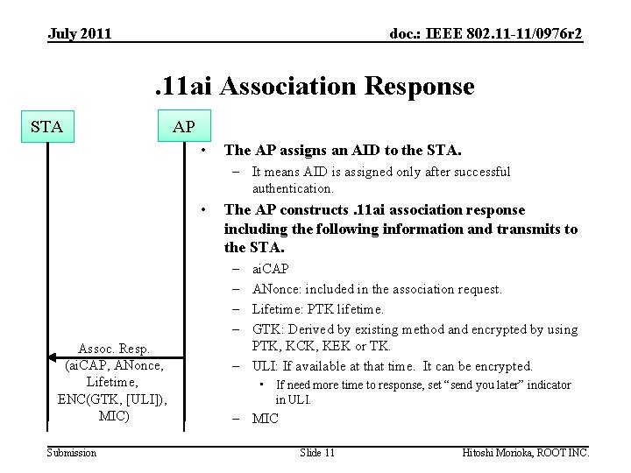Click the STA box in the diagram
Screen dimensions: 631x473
click(46, 127)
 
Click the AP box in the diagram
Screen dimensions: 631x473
click(184, 127)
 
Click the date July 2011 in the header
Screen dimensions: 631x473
click(80, 34)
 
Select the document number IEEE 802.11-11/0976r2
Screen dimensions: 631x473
click(486, 34)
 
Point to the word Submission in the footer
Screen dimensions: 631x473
click(72, 452)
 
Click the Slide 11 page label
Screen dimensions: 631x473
click(316, 452)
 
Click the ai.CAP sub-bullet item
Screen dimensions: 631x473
click(270, 269)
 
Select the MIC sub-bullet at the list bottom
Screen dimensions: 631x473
click(265, 419)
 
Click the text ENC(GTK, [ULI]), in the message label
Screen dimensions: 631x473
click(116, 399)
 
